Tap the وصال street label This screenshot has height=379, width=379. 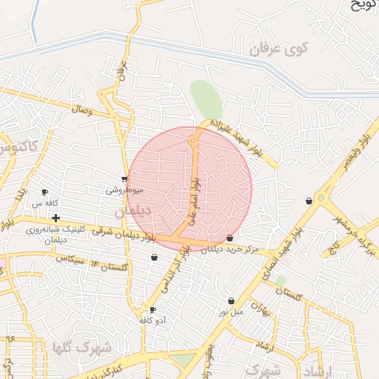[81, 109]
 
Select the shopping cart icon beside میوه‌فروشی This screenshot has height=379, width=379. [124, 178]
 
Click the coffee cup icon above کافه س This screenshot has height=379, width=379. [45, 192]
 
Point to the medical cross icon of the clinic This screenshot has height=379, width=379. [56, 218]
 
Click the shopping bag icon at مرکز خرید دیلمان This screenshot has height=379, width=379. [229, 238]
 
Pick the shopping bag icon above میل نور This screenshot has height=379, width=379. [232, 301]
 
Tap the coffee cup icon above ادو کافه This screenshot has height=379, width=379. [153, 309]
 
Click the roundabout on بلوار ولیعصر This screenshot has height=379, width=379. [321, 198]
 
